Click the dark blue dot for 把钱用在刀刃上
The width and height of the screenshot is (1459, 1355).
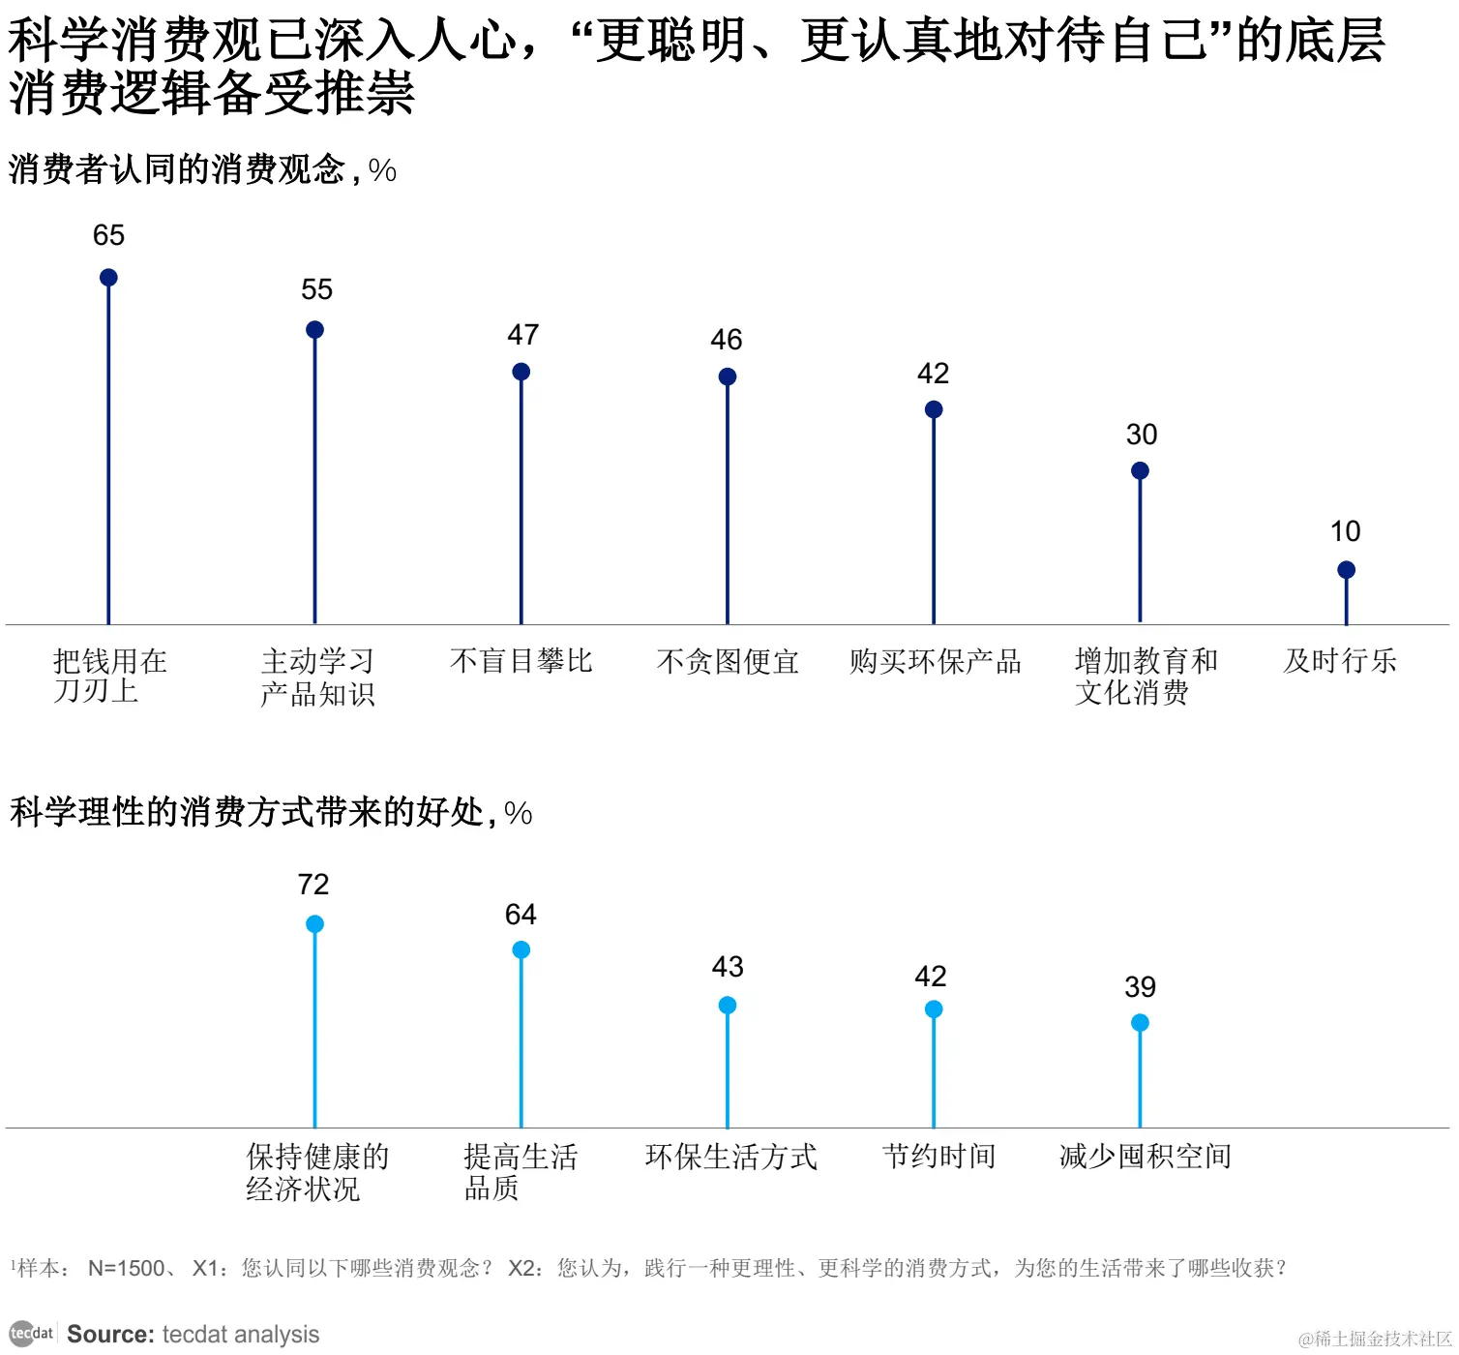click(108, 278)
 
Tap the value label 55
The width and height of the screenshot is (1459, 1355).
click(316, 289)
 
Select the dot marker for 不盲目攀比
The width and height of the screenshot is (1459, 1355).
click(521, 372)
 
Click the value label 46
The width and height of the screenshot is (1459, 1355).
click(726, 340)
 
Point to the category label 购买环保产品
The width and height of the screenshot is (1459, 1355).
click(935, 661)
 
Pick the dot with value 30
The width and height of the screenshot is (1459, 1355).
click(1140, 471)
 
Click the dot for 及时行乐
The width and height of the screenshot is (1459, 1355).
click(1346, 570)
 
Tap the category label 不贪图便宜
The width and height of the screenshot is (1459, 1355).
click(728, 661)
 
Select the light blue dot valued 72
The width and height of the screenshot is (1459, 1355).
click(314, 924)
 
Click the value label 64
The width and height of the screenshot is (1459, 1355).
click(521, 915)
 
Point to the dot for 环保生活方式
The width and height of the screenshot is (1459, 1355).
click(728, 1006)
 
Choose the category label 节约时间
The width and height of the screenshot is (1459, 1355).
click(938, 1156)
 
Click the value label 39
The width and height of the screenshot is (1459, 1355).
click(1140, 987)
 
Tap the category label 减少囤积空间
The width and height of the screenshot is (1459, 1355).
click(1145, 1156)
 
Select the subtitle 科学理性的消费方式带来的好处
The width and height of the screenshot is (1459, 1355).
click(247, 812)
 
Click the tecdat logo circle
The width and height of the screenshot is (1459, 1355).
click(21, 1333)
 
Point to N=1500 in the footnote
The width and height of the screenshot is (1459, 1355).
click(126, 1268)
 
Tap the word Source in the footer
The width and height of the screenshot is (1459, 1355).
click(109, 1334)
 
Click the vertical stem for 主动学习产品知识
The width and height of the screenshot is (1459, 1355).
click(314, 484)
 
